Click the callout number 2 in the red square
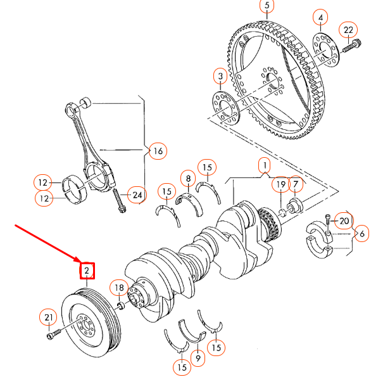87,271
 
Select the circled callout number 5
267,7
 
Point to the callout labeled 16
157,151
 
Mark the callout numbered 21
48,317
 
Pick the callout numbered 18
119,288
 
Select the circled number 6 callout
361,233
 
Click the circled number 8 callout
188,177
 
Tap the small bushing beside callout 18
120,306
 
